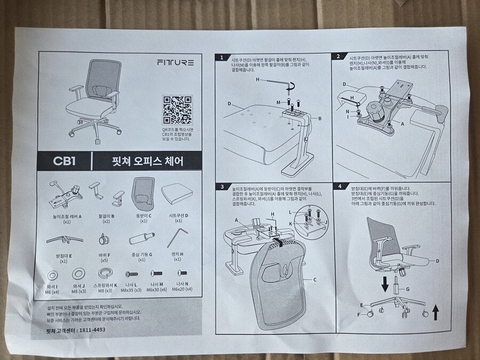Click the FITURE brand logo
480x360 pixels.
[x=175, y=62]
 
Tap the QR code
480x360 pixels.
[x=177, y=108]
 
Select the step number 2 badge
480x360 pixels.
[x=338, y=56]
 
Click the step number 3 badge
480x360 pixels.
[x=222, y=187]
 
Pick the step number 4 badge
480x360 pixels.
[x=340, y=187]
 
